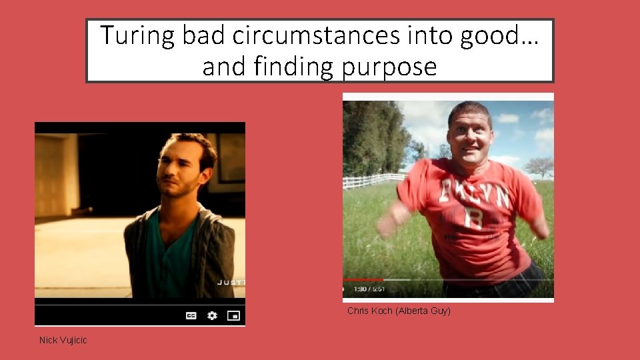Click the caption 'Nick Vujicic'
pos(63,341)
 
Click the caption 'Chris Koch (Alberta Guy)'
pos(399,311)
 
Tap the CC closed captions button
pos(191,316)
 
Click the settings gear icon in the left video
pos(212,315)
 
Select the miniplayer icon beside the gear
pos(233,315)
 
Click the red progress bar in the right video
pos(363,279)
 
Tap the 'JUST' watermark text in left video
pos(231,283)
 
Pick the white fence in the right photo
pos(373,181)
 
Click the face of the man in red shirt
pos(470,133)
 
